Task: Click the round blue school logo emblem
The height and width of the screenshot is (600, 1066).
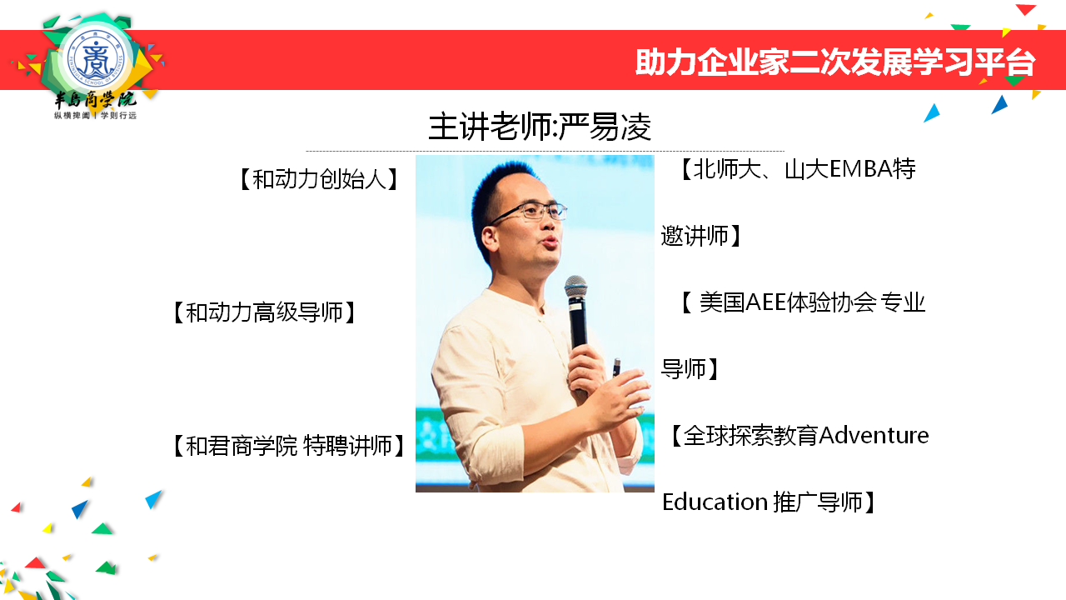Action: click(97, 58)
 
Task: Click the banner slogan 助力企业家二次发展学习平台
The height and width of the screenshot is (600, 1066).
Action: click(835, 62)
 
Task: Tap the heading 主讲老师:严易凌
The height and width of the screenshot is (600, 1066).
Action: click(540, 127)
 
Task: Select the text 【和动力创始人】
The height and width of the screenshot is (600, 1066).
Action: click(319, 179)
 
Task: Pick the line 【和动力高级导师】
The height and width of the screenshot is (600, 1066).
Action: click(264, 312)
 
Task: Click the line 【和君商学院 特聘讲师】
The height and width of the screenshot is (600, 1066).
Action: click(288, 446)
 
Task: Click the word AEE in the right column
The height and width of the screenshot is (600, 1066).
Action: click(765, 302)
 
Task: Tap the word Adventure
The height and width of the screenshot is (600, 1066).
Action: click(874, 435)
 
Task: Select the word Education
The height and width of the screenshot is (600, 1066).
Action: click(715, 502)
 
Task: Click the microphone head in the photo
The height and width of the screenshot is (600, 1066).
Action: click(575, 286)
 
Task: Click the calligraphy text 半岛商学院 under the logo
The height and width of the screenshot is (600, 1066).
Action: click(95, 100)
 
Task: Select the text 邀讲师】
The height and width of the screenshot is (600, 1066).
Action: click(701, 236)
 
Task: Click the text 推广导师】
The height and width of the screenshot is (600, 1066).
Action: click(824, 502)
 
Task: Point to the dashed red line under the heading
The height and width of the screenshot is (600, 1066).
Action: click(545, 151)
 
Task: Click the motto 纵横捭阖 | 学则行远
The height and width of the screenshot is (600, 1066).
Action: click(95, 116)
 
